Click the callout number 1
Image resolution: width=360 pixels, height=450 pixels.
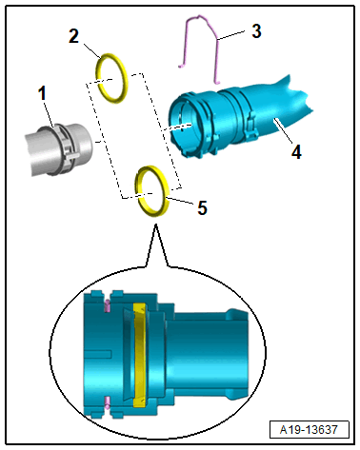click(42, 93)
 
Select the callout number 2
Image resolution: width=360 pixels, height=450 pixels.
click(73, 36)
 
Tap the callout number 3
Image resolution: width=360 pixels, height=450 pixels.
click(256, 31)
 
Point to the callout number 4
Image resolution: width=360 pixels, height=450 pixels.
click(296, 152)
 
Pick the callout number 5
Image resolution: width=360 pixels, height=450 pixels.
click(202, 207)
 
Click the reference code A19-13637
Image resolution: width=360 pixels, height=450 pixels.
click(309, 430)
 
